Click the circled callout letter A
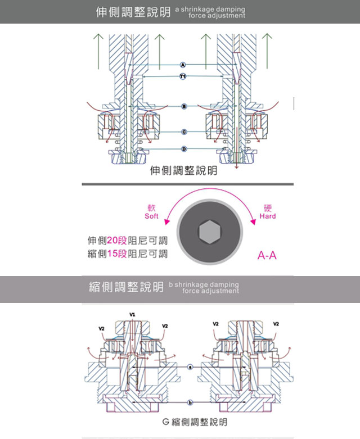pyautogui.click(x=183, y=65)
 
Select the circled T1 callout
pyautogui.click(x=183, y=76)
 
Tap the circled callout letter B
pyautogui.click(x=183, y=106)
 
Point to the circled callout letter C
pyautogui.click(x=183, y=132)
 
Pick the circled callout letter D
pyautogui.click(x=183, y=148)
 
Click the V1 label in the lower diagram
pyautogui.click(x=132, y=314)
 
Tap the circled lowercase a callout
pyautogui.click(x=190, y=366)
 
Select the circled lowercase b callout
pyautogui.click(x=190, y=402)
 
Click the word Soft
pyautogui.click(x=151, y=216)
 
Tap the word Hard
pyautogui.click(x=268, y=216)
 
